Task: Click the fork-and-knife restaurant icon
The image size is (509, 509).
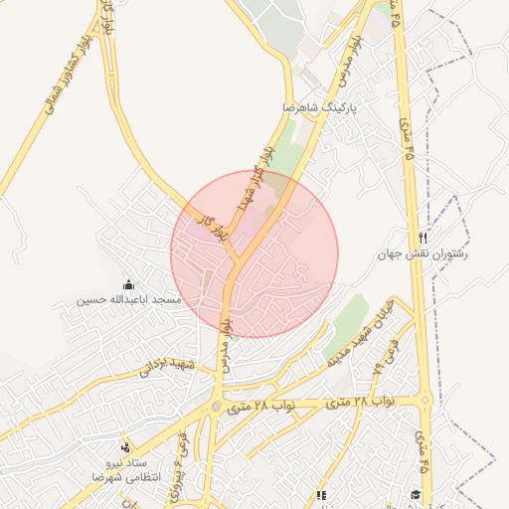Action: point(424,239)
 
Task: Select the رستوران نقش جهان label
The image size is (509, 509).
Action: point(423,254)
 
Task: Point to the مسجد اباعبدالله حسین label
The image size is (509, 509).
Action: point(129,298)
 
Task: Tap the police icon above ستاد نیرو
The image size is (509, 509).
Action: point(124,447)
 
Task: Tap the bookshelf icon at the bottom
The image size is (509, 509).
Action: point(320,494)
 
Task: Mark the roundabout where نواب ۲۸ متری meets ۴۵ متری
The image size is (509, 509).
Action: point(425,402)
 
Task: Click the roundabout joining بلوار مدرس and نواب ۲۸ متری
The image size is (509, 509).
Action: point(217,407)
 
